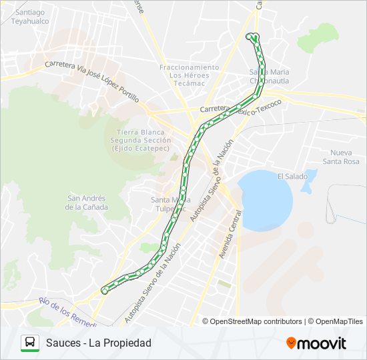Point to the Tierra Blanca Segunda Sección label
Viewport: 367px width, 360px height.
pos(144,140)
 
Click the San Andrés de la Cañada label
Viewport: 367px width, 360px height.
pos(87,202)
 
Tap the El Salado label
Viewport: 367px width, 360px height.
pos(292,177)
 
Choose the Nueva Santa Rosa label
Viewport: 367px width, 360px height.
pos(340,157)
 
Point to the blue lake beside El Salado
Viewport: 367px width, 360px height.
pos(265,201)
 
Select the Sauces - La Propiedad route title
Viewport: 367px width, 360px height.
pos(99,343)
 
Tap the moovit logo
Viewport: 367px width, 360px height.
pos(316,343)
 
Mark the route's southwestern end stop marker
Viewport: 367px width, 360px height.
pos(104,291)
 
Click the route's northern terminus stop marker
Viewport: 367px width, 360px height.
pos(252,36)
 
